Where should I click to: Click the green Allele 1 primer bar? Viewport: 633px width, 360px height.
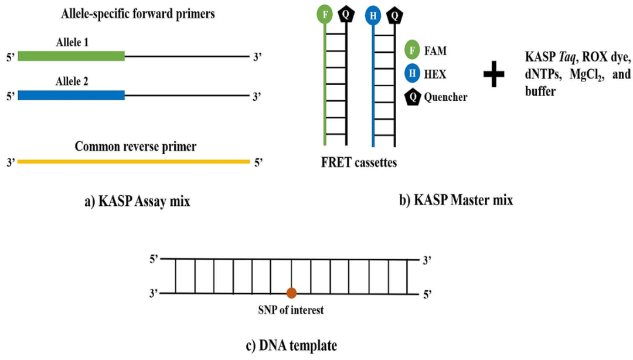pyautogui.click(x=71, y=56)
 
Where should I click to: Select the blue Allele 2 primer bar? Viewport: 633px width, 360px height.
pyautogui.click(x=71, y=95)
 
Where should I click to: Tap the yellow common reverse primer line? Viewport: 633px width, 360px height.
pyautogui.click(x=134, y=161)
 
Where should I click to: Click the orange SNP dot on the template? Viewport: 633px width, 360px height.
pyautogui.click(x=291, y=293)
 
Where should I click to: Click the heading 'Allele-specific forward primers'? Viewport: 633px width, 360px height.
pyautogui.click(x=138, y=14)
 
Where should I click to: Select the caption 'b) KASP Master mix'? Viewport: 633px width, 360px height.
pyautogui.click(x=456, y=200)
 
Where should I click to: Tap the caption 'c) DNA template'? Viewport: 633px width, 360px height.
pyautogui.click(x=291, y=345)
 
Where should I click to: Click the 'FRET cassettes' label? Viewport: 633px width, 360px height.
pyautogui.click(x=359, y=162)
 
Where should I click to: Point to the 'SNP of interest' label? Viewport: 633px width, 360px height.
pyautogui.click(x=291, y=310)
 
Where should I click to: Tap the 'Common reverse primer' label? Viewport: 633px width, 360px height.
pyautogui.click(x=135, y=147)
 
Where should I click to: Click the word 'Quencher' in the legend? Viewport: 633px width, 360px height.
pyautogui.click(x=446, y=97)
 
